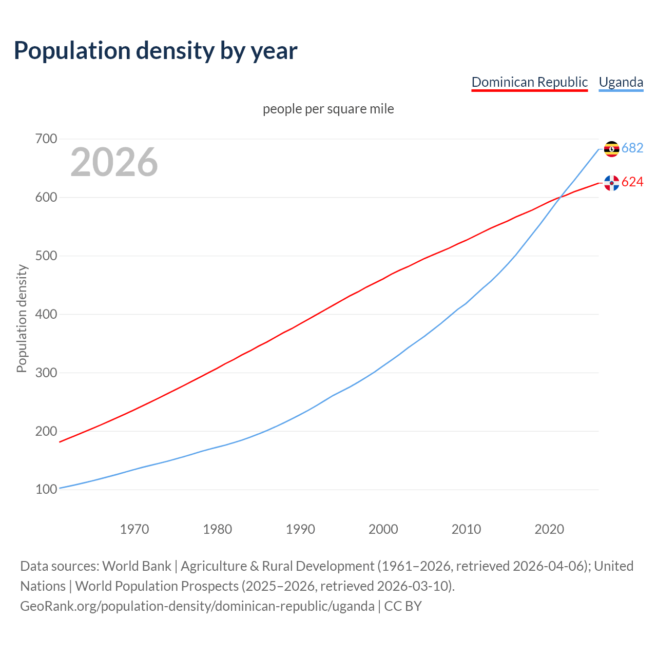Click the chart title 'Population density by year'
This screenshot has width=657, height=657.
[x=156, y=51]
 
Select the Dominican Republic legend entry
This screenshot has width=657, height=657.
[x=529, y=82]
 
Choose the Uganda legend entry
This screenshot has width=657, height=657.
[x=621, y=82]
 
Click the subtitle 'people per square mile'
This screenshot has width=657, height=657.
[x=328, y=109]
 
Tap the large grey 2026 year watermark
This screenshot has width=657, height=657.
[x=114, y=162]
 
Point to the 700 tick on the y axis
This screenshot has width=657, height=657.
[x=46, y=139]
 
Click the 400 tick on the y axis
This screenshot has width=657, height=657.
[x=46, y=314]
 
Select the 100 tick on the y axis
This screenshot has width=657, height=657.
[x=46, y=490]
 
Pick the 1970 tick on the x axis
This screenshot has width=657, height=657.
[x=134, y=529]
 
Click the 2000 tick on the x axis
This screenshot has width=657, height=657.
[x=383, y=529]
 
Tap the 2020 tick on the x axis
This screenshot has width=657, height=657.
[x=549, y=529]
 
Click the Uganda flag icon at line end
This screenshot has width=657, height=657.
[x=611, y=149]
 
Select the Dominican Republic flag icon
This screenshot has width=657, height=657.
[x=611, y=183]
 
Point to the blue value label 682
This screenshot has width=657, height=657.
[x=632, y=148]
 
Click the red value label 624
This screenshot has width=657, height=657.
[x=632, y=182]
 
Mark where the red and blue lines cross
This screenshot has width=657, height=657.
[x=559, y=197]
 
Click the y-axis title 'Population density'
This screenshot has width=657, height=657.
[x=22, y=318]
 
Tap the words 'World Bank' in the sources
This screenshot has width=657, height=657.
[x=137, y=566]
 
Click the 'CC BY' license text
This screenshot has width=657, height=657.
[x=403, y=606]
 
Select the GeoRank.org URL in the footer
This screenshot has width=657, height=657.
[x=197, y=606]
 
